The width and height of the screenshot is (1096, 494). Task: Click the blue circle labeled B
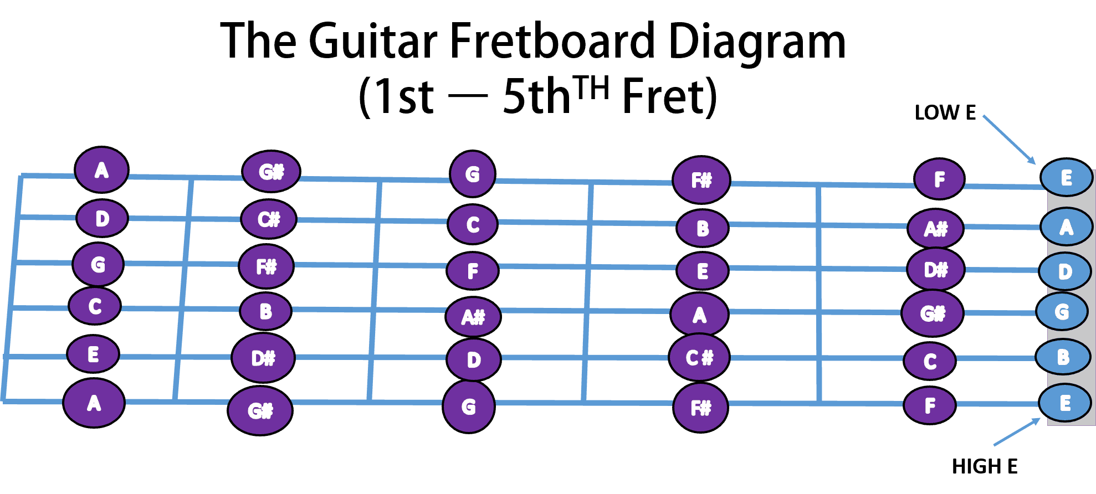(1062, 357)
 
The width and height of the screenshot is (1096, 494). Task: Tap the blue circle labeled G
(1062, 312)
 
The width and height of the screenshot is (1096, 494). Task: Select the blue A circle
(1066, 227)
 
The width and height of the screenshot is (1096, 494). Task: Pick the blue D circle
(1065, 271)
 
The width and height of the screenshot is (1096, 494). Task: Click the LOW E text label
(945, 112)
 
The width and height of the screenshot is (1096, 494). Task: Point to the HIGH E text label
(985, 466)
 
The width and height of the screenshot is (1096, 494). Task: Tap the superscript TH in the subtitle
(591, 88)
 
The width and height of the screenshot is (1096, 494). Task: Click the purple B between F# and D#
(265, 311)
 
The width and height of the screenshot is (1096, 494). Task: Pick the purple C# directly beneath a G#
(269, 219)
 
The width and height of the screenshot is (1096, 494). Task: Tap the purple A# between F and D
(473, 317)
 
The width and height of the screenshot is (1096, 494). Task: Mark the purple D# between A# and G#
(935, 270)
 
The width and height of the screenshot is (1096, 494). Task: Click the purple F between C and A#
(473, 271)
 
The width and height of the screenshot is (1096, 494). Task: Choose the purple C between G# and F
(930, 361)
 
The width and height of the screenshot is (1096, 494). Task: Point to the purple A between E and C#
(699, 315)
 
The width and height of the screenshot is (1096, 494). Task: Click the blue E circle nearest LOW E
(1066, 178)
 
